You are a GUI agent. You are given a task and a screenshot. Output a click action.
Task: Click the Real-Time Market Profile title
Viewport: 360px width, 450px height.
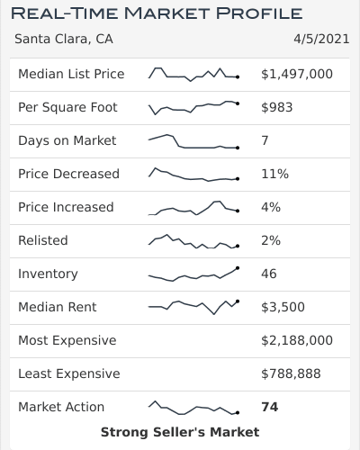[156, 13]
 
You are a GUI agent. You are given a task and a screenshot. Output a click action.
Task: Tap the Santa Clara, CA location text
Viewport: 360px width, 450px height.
[64, 40]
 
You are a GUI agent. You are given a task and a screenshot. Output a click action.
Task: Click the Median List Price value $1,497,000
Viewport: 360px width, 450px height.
[297, 74]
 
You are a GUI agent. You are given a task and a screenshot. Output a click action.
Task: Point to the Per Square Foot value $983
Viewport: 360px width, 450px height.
[276, 107]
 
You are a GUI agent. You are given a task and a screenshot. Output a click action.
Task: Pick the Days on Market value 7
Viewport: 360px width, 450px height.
[265, 140]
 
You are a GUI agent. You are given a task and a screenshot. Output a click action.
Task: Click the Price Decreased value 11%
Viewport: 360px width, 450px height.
[275, 174]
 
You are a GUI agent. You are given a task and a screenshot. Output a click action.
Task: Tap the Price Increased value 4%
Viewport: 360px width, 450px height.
[271, 207]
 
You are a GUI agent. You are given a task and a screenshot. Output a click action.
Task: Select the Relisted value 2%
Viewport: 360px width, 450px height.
[271, 240]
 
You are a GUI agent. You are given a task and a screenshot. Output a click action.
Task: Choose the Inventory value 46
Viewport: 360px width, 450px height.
[269, 274]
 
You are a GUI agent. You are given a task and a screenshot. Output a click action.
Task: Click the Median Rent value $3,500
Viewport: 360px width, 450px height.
[283, 307]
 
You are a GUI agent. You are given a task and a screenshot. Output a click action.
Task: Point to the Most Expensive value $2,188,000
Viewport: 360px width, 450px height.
[297, 340]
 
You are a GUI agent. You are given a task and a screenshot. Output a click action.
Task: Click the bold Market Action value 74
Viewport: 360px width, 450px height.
[269, 407]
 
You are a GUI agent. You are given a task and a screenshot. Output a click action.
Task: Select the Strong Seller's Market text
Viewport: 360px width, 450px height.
[180, 432]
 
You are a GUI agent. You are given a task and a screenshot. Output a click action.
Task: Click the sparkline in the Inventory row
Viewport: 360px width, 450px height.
[193, 274]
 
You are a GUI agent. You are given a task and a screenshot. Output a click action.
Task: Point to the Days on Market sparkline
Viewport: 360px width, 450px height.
[193, 142]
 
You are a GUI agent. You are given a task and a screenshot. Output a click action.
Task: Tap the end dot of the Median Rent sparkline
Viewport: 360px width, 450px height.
[238, 301]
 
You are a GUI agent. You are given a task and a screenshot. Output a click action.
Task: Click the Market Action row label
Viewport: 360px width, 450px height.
[61, 407]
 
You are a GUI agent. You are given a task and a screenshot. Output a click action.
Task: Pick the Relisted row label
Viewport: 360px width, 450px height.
[43, 240]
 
